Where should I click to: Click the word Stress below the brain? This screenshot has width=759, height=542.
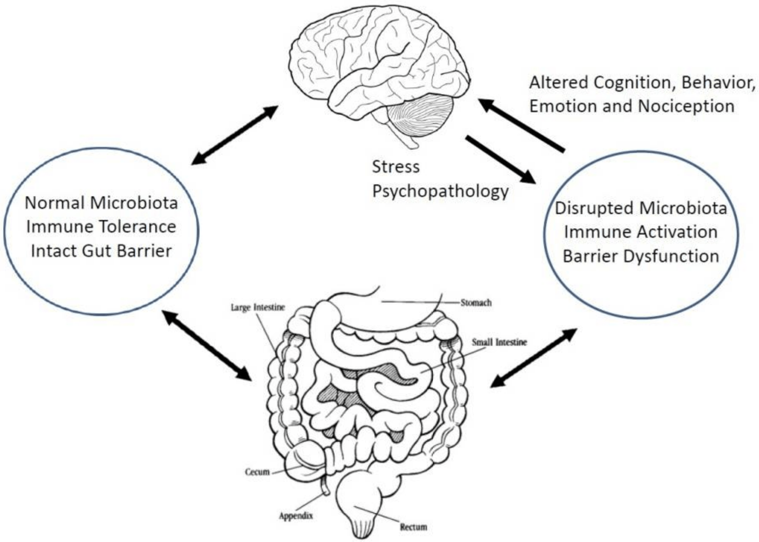click(x=396, y=167)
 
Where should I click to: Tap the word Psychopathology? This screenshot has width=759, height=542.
click(x=440, y=191)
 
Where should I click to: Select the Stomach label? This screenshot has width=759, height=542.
click(x=476, y=303)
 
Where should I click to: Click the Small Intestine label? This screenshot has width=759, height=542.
click(x=499, y=342)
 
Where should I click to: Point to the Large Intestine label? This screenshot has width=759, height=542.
click(x=258, y=307)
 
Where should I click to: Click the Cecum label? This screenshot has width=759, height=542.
click(x=257, y=472)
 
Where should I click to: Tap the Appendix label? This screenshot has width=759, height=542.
click(x=296, y=516)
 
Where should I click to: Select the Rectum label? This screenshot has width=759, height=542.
click(x=413, y=527)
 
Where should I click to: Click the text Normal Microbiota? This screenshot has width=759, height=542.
click(x=101, y=203)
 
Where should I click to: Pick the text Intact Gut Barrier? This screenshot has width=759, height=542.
click(x=101, y=251)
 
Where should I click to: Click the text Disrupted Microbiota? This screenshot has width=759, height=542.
click(x=641, y=208)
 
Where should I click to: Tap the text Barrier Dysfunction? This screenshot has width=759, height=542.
click(x=641, y=257)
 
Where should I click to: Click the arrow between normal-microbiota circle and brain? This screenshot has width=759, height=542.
click(x=235, y=135)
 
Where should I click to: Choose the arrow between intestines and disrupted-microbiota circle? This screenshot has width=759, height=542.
click(x=534, y=358)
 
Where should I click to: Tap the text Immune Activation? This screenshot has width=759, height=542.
click(x=641, y=232)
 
